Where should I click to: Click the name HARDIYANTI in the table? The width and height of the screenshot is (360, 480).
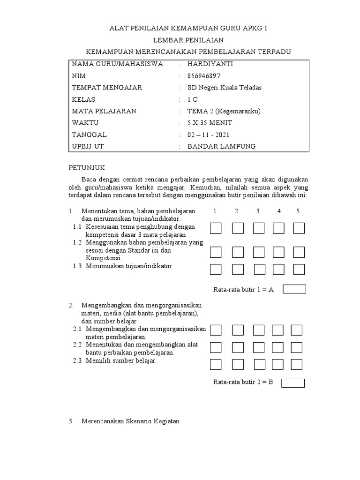(x=210, y=64)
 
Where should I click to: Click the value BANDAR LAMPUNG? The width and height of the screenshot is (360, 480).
(x=221, y=146)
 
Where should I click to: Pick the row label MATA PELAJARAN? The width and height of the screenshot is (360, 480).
(x=104, y=111)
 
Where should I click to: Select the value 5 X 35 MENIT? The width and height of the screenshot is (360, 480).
(x=210, y=123)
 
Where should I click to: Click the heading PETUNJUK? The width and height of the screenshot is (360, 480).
(x=87, y=167)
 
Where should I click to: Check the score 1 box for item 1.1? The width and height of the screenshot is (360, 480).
(x=216, y=228)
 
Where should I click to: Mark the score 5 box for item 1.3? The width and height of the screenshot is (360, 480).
(x=299, y=270)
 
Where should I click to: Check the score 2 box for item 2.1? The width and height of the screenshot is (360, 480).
(x=238, y=330)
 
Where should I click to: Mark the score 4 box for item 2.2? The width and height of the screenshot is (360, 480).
(x=278, y=347)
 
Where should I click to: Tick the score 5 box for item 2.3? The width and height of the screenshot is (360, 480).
(x=296, y=364)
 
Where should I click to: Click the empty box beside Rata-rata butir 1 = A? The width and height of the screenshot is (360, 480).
(x=294, y=289)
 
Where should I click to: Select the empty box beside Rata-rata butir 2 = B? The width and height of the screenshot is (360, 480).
(x=293, y=383)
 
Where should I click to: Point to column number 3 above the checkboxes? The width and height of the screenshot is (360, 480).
(x=258, y=211)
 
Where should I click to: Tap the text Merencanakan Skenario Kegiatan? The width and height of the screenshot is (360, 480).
(x=130, y=421)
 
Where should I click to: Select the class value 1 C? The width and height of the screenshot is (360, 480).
(x=193, y=99)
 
